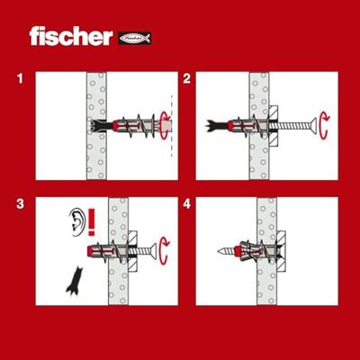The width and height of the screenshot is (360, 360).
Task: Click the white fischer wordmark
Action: point(71,36)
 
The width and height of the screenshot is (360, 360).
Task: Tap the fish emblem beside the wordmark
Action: point(135,38)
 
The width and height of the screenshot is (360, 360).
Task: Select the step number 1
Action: point(20,79)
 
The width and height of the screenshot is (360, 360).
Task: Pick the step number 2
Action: point(186,79)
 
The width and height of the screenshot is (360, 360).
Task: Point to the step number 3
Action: point(20,204)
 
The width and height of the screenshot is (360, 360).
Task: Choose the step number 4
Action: point(186,204)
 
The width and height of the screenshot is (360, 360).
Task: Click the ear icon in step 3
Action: point(76,222)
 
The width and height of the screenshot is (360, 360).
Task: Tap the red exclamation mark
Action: point(92,222)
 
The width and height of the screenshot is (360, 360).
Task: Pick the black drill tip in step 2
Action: point(217,126)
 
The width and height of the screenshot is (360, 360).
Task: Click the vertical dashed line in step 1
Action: point(172,125)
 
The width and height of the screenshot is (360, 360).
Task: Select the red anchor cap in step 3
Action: point(90,251)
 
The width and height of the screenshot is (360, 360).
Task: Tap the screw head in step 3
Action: point(153,251)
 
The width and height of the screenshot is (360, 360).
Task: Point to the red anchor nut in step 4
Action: point(238,251)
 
